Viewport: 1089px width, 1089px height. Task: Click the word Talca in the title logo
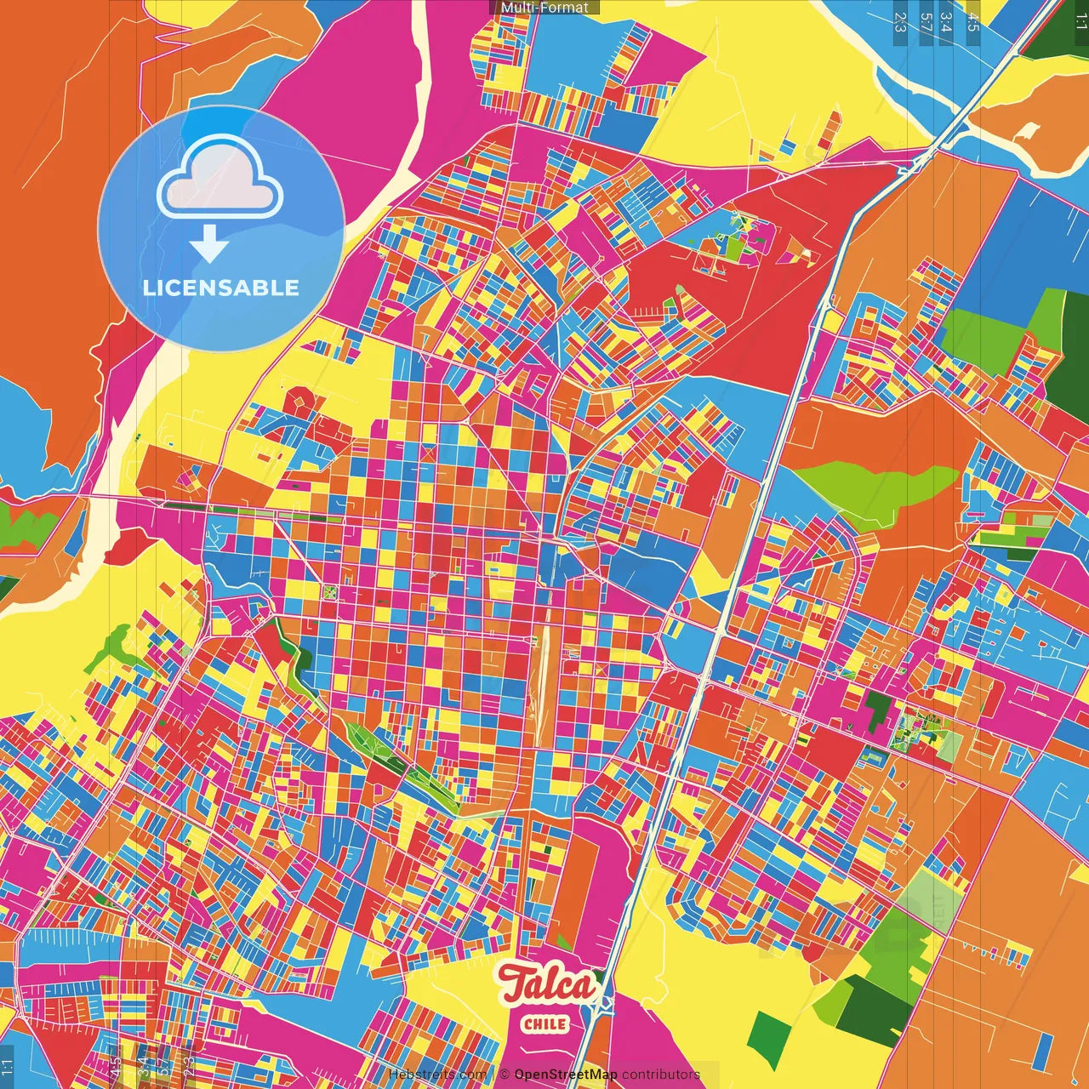[547, 985]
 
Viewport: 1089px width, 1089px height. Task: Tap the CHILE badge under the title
[545, 1023]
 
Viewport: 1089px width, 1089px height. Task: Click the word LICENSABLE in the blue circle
[221, 288]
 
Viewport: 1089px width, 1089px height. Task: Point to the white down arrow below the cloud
[208, 243]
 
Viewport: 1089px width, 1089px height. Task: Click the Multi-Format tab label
[544, 8]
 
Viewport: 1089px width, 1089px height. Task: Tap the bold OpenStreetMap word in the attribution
[565, 1075]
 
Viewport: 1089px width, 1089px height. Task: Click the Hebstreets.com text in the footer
[437, 1075]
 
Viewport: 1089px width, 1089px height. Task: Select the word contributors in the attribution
[661, 1075]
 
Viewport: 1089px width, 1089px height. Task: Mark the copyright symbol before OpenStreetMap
[505, 1075]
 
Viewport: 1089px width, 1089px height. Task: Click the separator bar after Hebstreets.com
[493, 1075]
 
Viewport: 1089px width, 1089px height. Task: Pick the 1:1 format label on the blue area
[8, 1069]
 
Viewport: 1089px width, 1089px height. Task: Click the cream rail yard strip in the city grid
[541, 681]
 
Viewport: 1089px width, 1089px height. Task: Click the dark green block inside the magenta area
[876, 710]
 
